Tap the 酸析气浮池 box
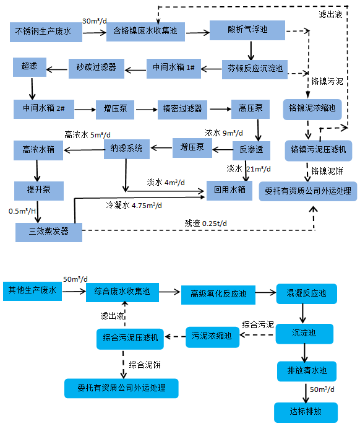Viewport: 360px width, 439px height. pyautogui.click(x=247, y=30)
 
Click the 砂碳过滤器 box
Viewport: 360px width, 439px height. pyautogui.click(x=96, y=67)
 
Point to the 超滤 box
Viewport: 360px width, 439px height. pyautogui.click(x=29, y=67)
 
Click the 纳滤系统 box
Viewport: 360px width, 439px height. pyautogui.click(x=126, y=149)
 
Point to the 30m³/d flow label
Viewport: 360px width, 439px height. pyautogui.click(x=94, y=22)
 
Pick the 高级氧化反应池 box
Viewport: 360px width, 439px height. pyautogui.click(x=218, y=294)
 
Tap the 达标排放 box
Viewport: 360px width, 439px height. pyautogui.click(x=306, y=412)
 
